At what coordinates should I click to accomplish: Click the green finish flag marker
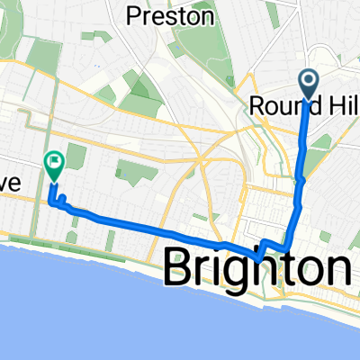[x=53, y=164]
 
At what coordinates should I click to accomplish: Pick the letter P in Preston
[x=135, y=15]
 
